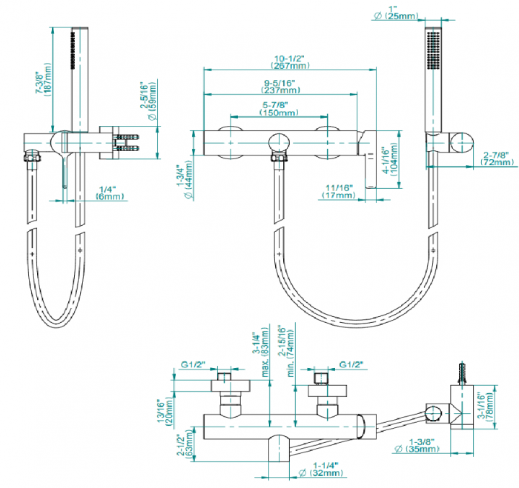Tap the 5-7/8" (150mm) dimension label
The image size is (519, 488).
click(x=279, y=109)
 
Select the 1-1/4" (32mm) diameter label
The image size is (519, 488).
click(x=321, y=469)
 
